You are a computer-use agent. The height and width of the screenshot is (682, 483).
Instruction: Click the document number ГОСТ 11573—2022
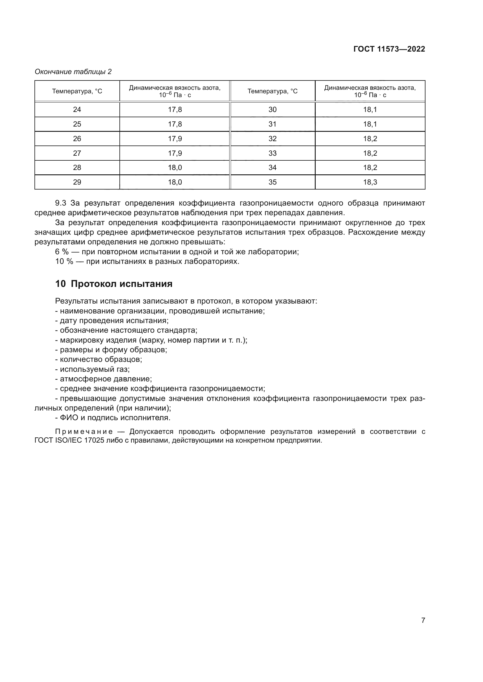coord(389,49)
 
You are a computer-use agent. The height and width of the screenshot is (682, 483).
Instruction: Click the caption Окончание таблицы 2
coord(73,72)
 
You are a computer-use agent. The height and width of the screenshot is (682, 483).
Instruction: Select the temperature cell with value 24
coord(77,110)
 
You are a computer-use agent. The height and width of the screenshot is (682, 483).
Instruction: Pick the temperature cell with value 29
coord(77,182)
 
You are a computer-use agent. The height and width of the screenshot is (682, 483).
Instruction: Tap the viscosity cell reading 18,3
coord(370,182)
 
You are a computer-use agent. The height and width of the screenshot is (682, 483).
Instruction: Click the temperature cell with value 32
coord(272,139)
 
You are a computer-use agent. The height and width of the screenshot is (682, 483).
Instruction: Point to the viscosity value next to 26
coord(175,139)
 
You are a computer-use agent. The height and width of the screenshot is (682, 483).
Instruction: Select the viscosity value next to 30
coord(370,110)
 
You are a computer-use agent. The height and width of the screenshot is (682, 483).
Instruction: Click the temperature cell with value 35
coord(272,182)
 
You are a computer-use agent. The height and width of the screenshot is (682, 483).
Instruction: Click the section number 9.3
coord(60,203)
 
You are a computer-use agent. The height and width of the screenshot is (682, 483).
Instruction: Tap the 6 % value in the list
coord(62,252)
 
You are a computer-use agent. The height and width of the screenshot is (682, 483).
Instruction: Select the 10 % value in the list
coord(64,262)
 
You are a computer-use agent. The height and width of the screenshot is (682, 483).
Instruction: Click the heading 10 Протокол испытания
coord(114,284)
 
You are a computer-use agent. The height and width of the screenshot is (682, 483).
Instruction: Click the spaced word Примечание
coord(84,432)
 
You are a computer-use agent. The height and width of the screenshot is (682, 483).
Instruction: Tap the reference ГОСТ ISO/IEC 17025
coord(69,441)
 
